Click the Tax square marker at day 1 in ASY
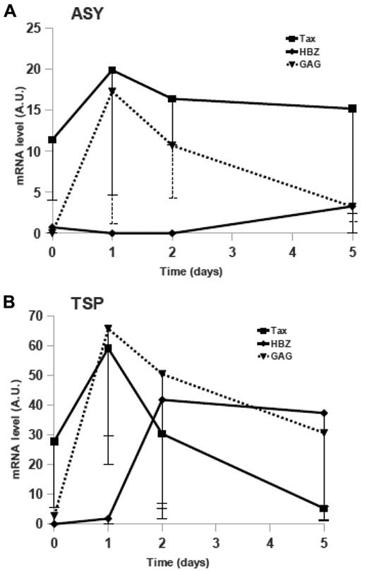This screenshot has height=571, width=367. tap(112, 70)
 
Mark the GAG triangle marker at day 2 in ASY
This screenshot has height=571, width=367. tap(172, 145)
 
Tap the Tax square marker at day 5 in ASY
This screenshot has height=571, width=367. tap(352, 109)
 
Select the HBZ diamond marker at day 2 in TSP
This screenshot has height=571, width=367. tap(162, 399)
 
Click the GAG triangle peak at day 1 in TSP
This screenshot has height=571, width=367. tap(108, 328)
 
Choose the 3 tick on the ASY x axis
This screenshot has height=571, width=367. tap(232, 251)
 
